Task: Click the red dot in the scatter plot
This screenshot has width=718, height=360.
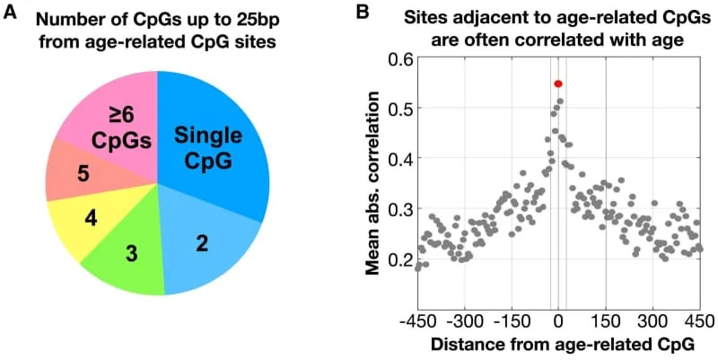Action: point(557,83)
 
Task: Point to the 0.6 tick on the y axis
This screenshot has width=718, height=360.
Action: point(397,58)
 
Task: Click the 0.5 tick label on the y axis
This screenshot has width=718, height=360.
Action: point(397,109)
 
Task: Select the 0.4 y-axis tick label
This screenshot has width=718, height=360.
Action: point(397,159)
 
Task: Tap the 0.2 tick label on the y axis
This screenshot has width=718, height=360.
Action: point(397,259)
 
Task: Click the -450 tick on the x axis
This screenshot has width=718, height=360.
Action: point(416,320)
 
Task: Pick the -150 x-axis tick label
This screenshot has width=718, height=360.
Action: point(511,320)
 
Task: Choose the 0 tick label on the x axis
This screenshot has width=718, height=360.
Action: point(558,320)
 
